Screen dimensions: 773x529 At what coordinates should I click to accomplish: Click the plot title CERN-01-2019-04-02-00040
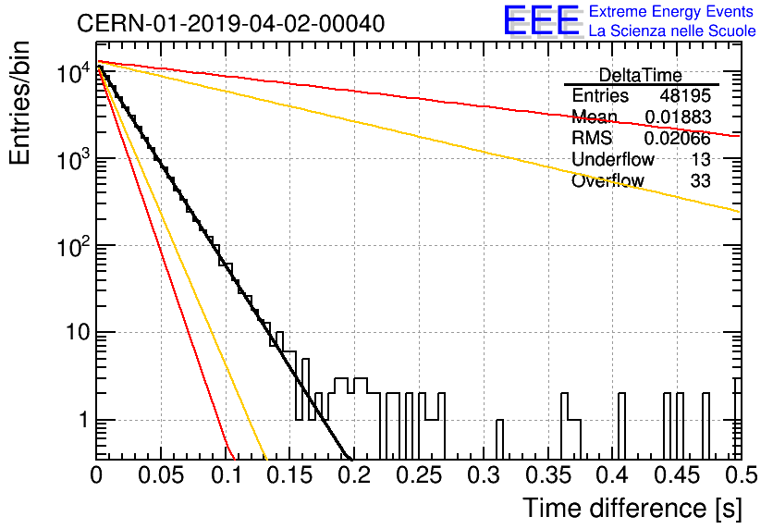tap(231, 23)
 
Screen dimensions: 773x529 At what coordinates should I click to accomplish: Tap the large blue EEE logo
tap(542, 20)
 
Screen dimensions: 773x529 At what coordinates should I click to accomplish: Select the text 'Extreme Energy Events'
tap(671, 11)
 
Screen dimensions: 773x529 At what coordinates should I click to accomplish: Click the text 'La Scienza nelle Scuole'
tap(672, 31)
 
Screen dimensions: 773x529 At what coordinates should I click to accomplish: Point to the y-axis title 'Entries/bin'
tap(19, 103)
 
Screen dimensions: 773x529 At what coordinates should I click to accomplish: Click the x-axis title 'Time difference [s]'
tap(632, 508)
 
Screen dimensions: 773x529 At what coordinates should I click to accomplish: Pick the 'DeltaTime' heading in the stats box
tap(640, 76)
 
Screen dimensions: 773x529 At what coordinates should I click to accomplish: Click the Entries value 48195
tap(685, 95)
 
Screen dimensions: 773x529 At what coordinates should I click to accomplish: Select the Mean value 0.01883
tap(678, 117)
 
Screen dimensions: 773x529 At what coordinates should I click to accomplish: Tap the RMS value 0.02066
tap(678, 138)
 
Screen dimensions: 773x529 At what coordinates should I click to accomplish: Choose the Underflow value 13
tap(701, 159)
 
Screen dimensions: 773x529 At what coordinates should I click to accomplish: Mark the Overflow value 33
tap(701, 181)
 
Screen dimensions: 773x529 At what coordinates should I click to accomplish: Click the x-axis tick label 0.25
tap(420, 475)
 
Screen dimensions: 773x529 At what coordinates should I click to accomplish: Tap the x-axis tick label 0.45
tap(678, 475)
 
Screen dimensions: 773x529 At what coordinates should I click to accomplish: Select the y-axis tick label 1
tap(83, 420)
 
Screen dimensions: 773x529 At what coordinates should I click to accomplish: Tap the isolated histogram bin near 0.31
tap(499, 439)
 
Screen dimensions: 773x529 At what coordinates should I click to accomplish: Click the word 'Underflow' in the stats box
tap(613, 159)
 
